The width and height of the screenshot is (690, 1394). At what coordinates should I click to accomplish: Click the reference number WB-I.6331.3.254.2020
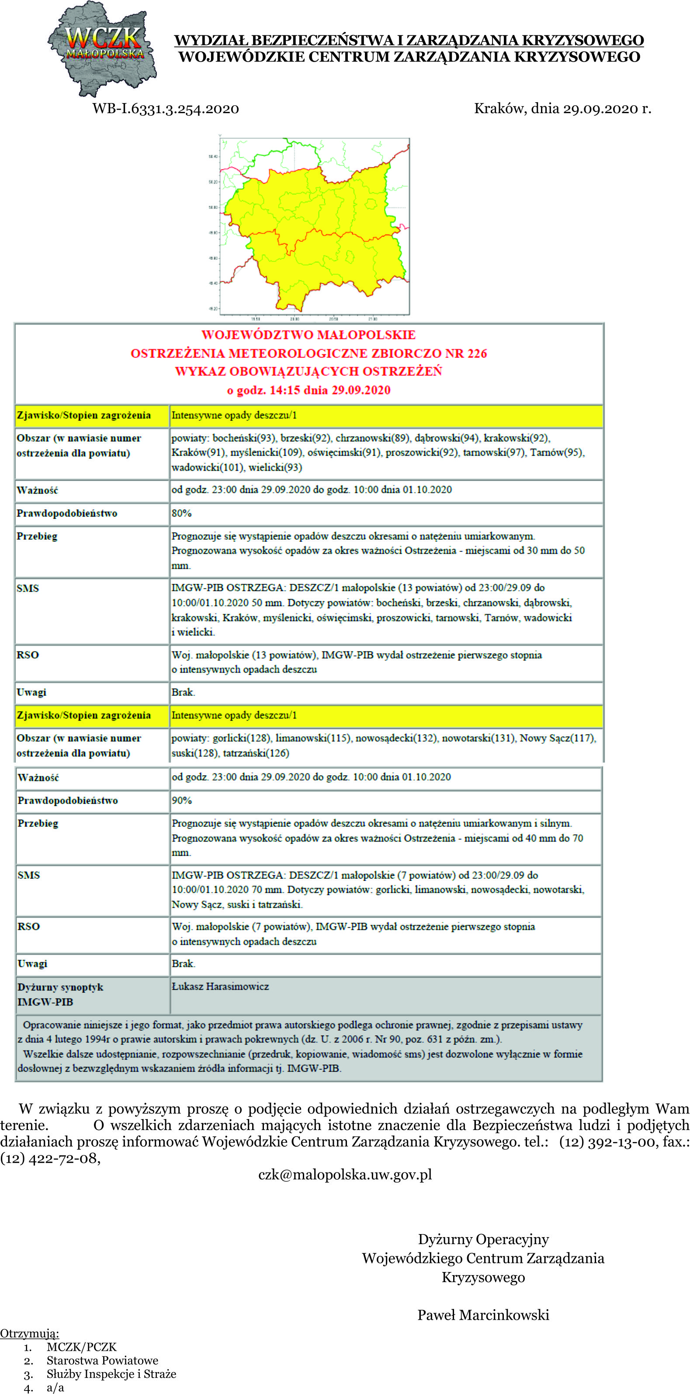click(x=166, y=109)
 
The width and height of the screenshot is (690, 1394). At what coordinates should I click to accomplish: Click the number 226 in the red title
click(x=477, y=354)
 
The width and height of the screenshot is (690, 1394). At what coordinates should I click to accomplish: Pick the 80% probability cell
click(x=182, y=513)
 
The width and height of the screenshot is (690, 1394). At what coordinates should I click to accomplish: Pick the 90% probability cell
click(x=182, y=801)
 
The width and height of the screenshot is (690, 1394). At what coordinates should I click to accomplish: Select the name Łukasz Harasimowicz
click(x=220, y=987)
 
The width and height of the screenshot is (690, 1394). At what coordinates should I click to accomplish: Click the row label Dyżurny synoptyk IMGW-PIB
click(x=59, y=994)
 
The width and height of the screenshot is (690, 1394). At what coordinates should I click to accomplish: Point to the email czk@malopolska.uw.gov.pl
click(x=345, y=1174)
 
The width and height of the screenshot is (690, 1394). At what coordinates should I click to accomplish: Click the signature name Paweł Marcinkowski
click(x=483, y=1315)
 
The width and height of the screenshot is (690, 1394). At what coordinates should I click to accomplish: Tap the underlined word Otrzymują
click(x=30, y=1333)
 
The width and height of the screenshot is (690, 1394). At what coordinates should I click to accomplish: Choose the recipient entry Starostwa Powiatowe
click(x=102, y=1360)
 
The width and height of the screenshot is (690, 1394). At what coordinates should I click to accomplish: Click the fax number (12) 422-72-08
click(x=50, y=1158)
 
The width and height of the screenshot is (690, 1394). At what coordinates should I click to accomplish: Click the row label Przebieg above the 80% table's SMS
click(x=37, y=536)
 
